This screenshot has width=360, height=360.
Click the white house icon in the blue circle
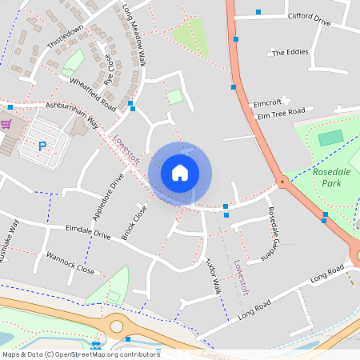coord(180,172)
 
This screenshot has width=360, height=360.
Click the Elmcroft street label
coord(268,102)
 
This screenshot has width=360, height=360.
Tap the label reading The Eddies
coord(290,53)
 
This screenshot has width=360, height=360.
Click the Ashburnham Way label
coord(71,112)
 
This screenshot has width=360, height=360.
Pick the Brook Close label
coord(134,222)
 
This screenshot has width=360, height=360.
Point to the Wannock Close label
coord(70,264)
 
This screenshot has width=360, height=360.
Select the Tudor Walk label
coord(213,275)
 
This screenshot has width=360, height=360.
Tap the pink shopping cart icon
coord(6,124)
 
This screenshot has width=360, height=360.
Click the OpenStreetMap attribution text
coord(80,354)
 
